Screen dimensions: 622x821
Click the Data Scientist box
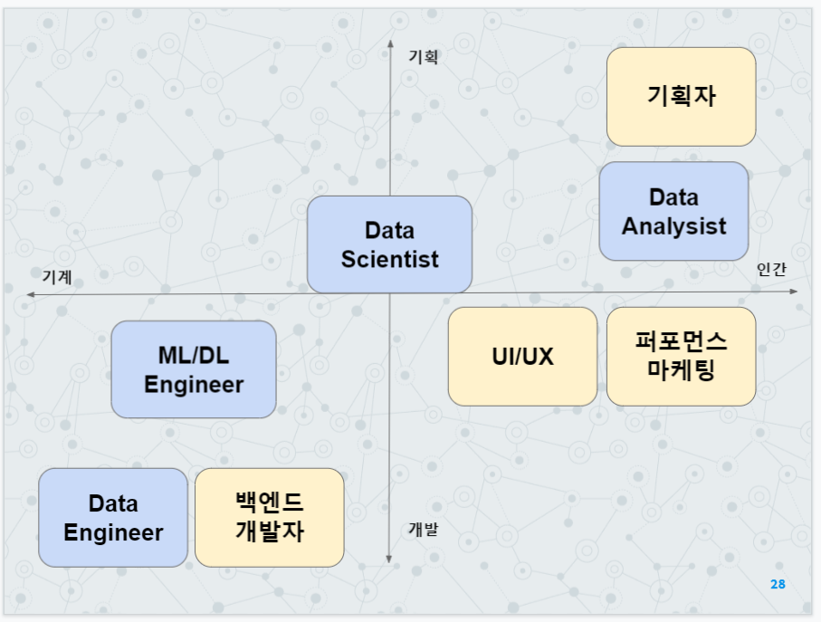tap(389, 244)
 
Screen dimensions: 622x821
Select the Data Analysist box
tap(673, 211)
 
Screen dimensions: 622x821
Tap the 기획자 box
tap(681, 96)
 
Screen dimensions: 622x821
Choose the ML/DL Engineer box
tap(193, 368)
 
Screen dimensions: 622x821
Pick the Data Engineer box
tap(113, 517)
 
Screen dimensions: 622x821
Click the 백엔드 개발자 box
tap(269, 517)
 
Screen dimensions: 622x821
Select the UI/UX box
tap(522, 356)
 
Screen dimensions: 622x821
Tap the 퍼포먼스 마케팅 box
tap(681, 356)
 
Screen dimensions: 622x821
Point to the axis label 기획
tap(423, 57)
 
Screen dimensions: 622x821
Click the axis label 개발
tap(423, 530)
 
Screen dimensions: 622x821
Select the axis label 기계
tap(57, 275)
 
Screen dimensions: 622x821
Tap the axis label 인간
tap(771, 269)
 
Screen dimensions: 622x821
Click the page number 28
tap(778, 584)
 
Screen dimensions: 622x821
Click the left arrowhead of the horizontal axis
tap(30, 294)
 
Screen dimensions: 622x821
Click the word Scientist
tap(389, 259)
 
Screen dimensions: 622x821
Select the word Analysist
tap(673, 225)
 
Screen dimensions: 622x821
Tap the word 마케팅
tap(681, 370)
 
